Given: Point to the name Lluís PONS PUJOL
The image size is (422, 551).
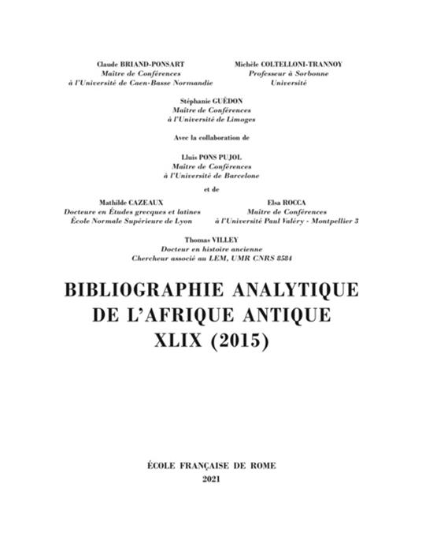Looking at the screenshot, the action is pyautogui.click(x=210, y=158).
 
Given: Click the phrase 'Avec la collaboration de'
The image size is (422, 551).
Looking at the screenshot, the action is pyautogui.click(x=210, y=137).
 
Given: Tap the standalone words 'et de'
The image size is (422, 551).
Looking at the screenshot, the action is pyautogui.click(x=210, y=189).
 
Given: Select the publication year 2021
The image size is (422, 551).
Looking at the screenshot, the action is pyautogui.click(x=212, y=479).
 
